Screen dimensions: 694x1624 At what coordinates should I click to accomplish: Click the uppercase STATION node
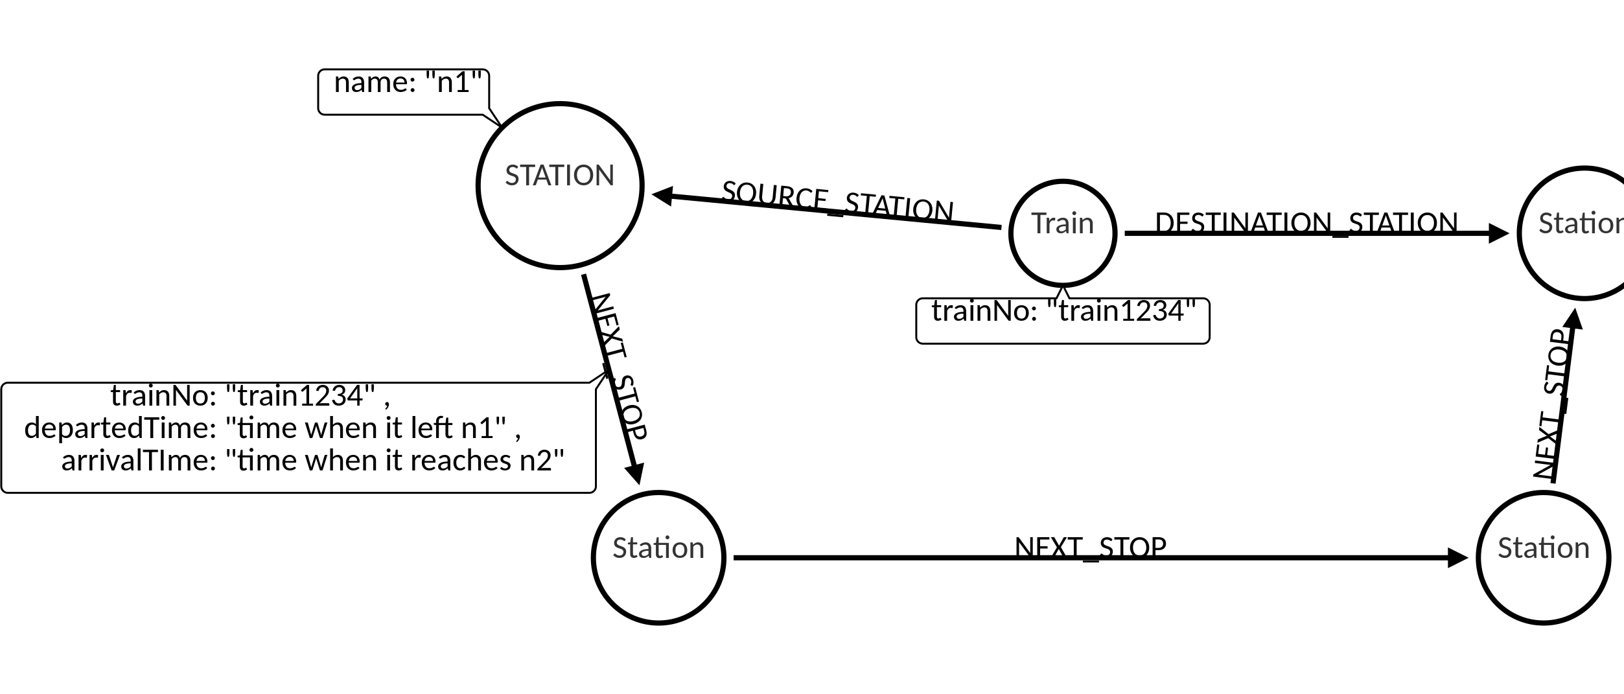559,185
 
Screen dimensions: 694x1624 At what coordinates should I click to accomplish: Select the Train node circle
1062,233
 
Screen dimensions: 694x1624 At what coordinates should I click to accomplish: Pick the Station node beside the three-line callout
658,557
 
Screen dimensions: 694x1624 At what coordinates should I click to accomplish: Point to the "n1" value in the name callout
454,84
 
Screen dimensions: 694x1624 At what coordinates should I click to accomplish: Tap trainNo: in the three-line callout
163,396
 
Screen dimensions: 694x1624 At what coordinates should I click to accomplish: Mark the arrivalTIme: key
138,461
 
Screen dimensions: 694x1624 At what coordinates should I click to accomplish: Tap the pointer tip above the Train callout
1063,294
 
